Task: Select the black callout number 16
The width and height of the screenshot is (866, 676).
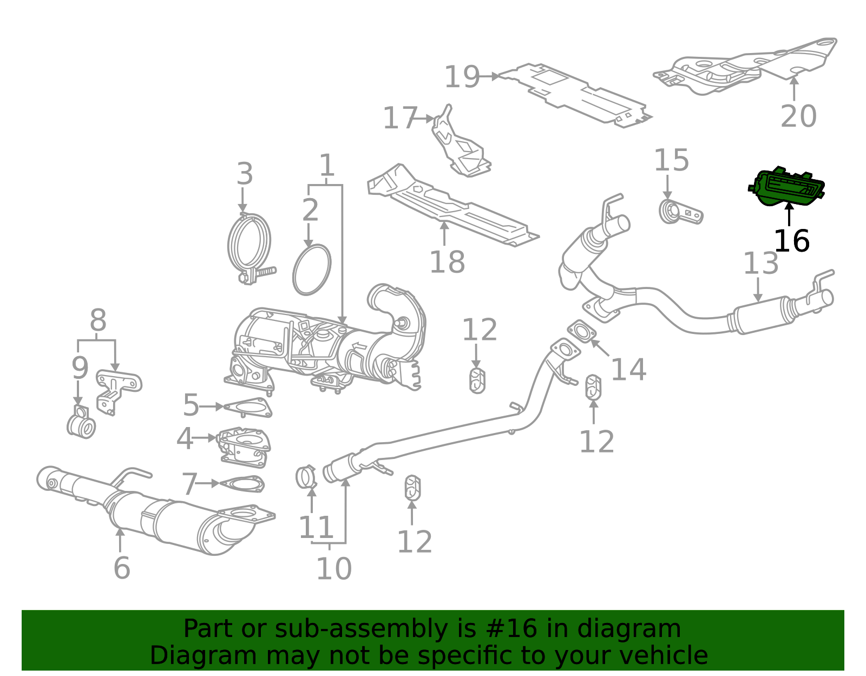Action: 791,241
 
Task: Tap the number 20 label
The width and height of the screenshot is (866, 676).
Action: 798,116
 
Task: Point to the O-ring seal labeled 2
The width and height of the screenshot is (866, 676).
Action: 312,269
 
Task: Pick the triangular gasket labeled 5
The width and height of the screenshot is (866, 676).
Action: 248,408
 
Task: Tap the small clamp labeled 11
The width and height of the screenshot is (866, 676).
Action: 306,476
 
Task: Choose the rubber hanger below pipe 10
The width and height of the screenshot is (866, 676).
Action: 413,488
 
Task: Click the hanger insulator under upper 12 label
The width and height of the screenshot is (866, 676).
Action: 477,380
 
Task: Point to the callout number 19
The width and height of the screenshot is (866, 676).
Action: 462,77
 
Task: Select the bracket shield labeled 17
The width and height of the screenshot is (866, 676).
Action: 460,144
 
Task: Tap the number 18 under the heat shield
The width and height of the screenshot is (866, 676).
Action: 447,262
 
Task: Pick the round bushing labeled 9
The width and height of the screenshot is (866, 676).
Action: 82,425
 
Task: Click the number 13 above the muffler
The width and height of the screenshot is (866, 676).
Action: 760,264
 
